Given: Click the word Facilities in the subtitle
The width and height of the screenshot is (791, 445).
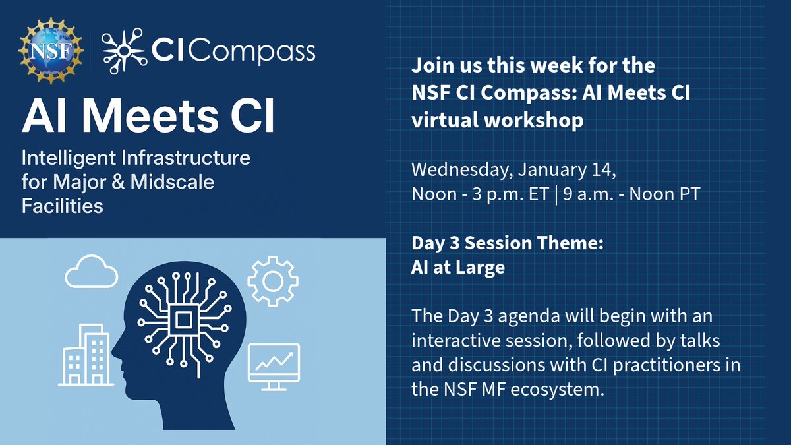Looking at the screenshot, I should click(x=63, y=205).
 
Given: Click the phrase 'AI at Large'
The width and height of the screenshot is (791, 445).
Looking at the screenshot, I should click(x=458, y=268).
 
